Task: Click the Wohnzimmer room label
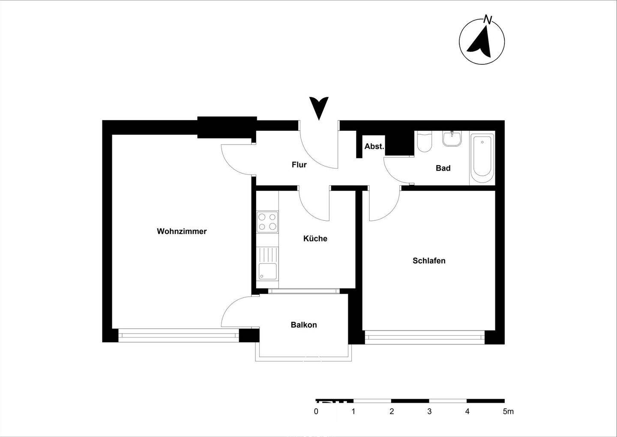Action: click(182, 232)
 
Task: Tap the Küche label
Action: click(315, 239)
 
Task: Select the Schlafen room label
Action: click(429, 261)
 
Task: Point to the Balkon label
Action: click(304, 325)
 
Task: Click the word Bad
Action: click(443, 168)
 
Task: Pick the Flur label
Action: click(299, 165)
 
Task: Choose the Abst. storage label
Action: click(374, 147)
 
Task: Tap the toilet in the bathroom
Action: click(424, 142)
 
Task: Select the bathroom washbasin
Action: click(452, 139)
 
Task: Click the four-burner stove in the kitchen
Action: click(267, 222)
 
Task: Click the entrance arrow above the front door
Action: click(319, 108)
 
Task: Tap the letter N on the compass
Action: click(487, 19)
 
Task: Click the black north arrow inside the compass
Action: click(480, 42)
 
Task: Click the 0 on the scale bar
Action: click(316, 412)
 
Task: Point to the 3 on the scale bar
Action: click(429, 412)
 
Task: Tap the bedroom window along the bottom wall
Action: click(424, 337)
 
